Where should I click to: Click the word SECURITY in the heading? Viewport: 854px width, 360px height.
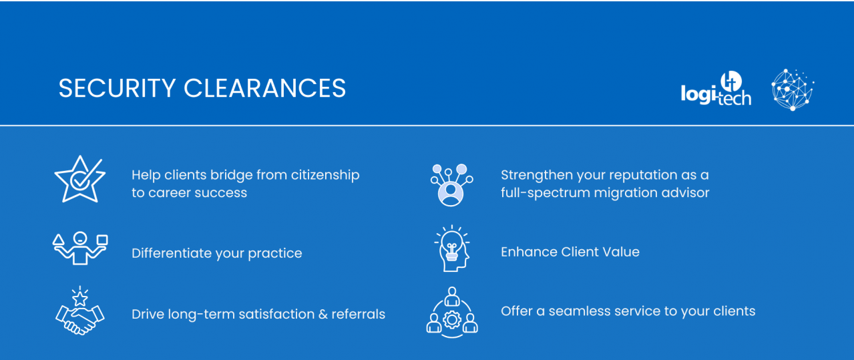coord(117,89)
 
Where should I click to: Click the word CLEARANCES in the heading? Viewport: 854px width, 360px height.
coord(264,89)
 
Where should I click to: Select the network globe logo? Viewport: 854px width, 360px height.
coord(793,89)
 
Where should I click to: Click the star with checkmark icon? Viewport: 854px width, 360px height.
coord(79,179)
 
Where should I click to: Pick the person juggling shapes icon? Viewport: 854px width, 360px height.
coord(80,248)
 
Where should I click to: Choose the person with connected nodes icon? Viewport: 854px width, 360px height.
coord(452,184)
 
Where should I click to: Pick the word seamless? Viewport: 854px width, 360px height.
coord(578,311)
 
